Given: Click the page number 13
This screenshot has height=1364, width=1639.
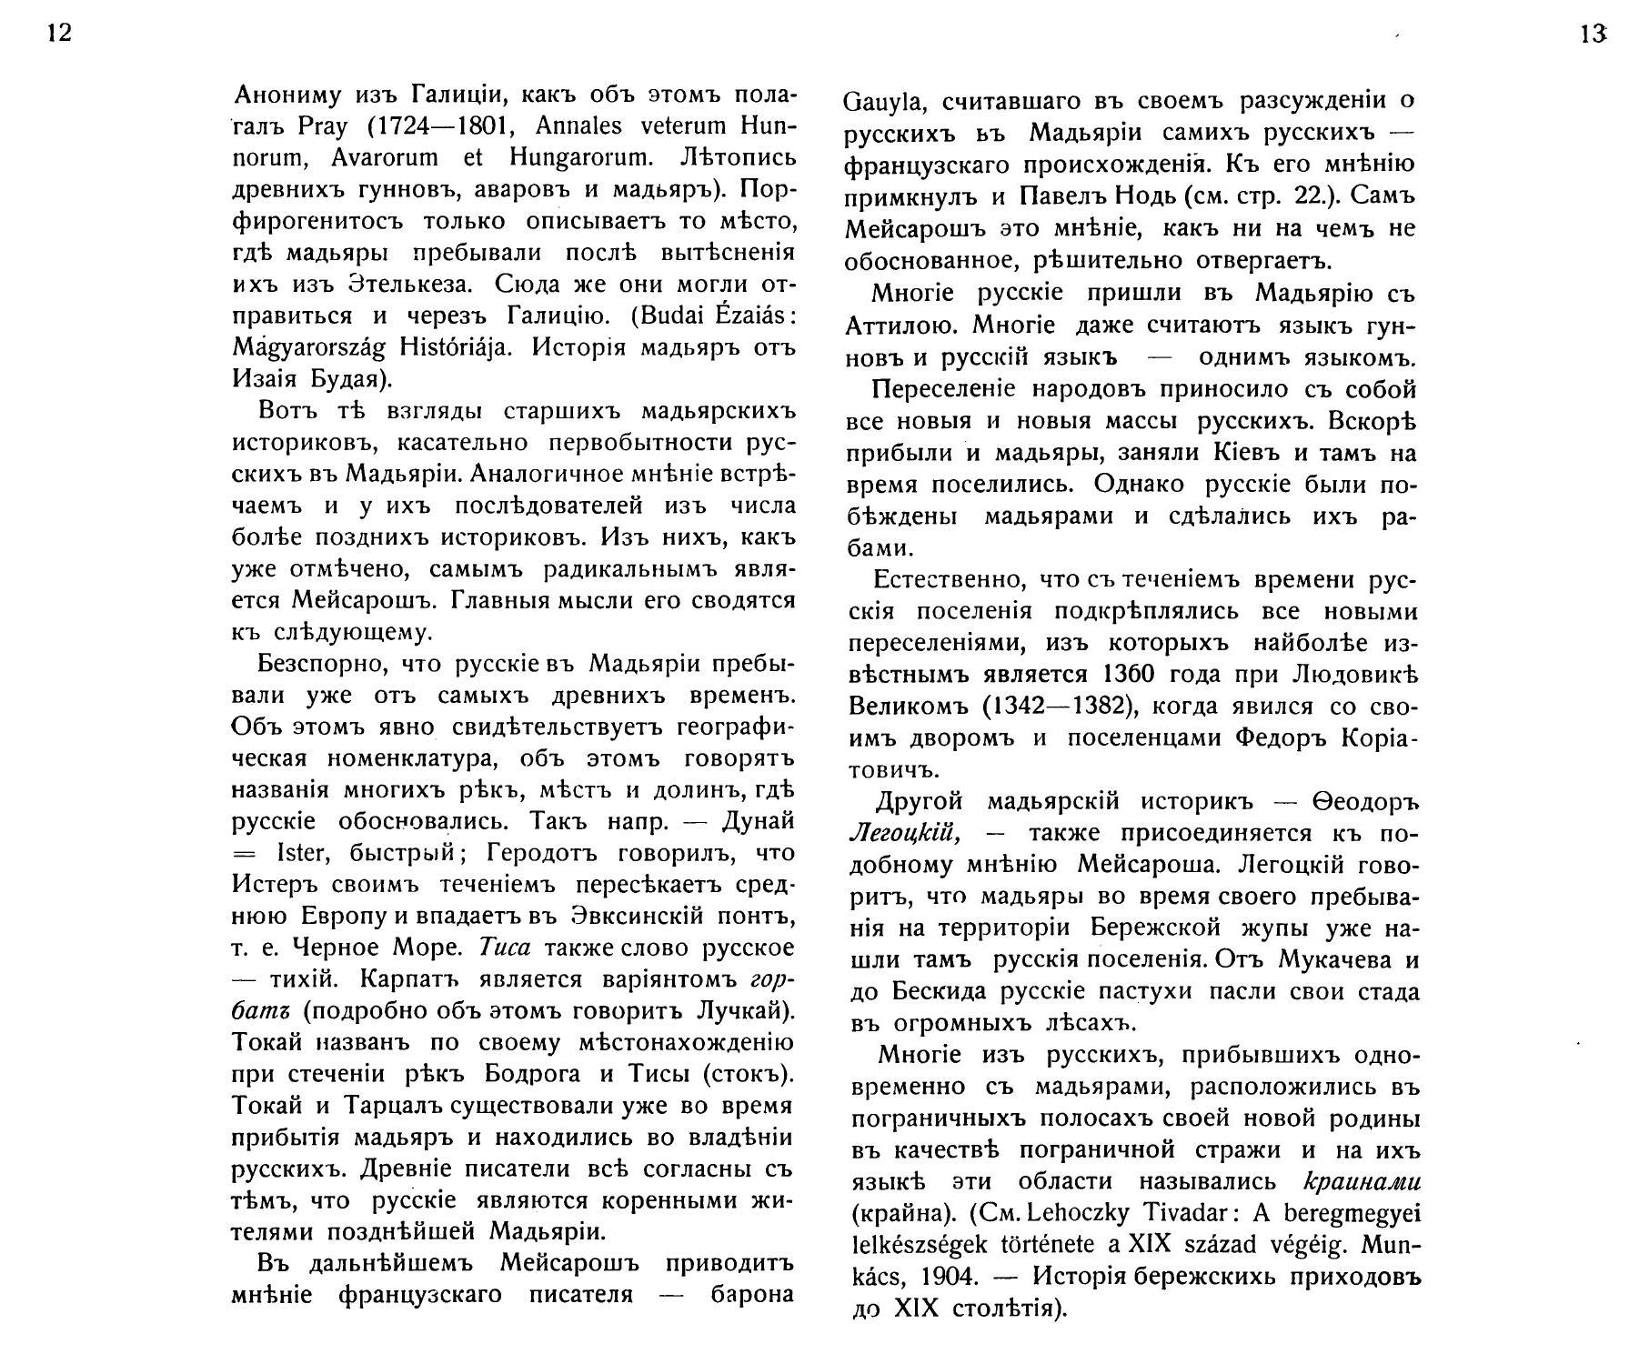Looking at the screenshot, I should [1593, 35].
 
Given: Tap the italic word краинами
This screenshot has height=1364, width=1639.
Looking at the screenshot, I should [1362, 1181].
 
